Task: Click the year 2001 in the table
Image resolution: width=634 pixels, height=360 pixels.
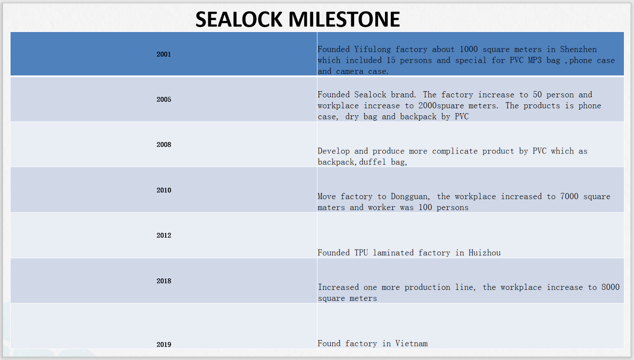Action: (164, 54)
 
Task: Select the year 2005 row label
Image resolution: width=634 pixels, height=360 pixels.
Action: (164, 100)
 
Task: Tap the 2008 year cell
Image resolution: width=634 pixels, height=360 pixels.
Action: (164, 145)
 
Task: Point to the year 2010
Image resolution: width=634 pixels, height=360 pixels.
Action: (164, 190)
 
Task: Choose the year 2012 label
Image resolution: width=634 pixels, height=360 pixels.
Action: (164, 235)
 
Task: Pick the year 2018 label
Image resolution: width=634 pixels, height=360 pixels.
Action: (164, 281)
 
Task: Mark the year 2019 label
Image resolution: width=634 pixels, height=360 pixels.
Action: (164, 345)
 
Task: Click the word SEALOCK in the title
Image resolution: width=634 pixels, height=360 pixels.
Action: (239, 19)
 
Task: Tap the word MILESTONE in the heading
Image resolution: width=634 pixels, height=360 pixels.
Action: (344, 19)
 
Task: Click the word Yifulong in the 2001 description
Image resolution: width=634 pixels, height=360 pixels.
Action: (372, 50)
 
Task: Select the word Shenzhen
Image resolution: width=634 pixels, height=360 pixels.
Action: (578, 50)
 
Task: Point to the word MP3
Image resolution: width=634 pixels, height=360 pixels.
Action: (534, 61)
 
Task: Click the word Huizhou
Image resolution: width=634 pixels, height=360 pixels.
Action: (484, 253)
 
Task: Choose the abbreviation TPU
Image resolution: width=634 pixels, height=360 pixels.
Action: (361, 253)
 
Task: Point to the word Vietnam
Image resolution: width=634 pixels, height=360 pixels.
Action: (412, 344)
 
